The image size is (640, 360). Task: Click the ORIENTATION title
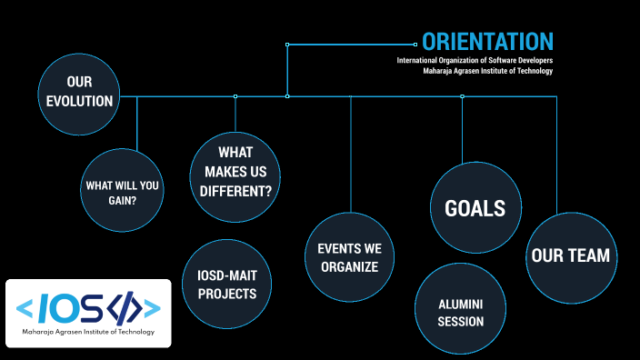click(487, 41)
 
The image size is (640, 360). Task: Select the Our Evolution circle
click(80, 92)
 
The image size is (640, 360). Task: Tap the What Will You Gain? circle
click(122, 191)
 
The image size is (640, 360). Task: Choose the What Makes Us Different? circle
click(235, 171)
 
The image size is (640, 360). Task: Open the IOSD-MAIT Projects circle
click(227, 283)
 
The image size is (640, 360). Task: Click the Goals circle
click(475, 208)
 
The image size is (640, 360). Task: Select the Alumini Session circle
click(460, 312)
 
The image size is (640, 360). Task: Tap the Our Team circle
click(570, 255)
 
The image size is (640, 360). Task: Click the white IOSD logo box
click(89, 313)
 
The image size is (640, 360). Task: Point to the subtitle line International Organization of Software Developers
click(475, 60)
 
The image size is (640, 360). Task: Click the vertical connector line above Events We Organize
click(351, 155)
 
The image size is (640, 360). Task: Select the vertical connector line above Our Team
click(556, 155)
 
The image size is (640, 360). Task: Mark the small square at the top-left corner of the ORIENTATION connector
click(287, 44)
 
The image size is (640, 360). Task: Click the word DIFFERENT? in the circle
click(235, 191)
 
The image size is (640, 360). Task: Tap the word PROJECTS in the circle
click(227, 293)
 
